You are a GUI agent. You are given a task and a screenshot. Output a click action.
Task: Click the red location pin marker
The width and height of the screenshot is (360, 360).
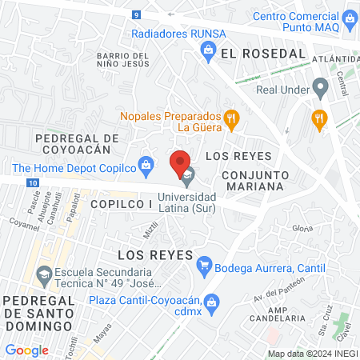tap(181, 162)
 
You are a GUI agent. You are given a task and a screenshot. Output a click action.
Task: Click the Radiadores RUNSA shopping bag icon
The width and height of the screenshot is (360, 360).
tap(208, 50)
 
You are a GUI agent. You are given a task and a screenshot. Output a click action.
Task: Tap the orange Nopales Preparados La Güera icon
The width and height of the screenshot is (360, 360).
tap(231, 119)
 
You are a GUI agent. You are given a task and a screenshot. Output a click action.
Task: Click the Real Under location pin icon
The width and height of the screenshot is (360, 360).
tap(320, 86)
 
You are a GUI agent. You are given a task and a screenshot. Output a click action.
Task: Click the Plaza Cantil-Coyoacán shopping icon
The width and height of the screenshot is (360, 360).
tap(211, 301)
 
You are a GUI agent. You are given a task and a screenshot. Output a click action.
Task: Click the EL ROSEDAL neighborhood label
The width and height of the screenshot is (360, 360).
tap(263, 53)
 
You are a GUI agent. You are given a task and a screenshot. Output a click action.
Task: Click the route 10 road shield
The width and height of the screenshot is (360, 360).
tap(30, 183)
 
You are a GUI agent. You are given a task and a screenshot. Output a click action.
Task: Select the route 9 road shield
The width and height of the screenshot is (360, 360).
tap(138, 15)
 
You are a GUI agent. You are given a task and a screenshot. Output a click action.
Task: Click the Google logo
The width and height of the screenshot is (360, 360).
tap(26, 350)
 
